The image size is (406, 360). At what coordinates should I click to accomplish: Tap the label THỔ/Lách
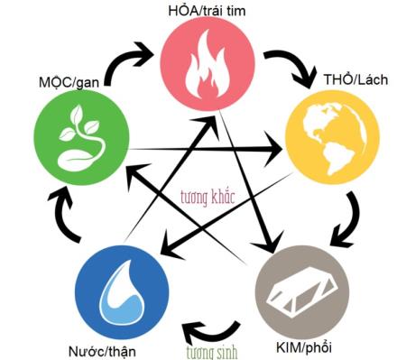coord(355,80)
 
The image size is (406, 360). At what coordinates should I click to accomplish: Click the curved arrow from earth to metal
coord(343,221)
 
